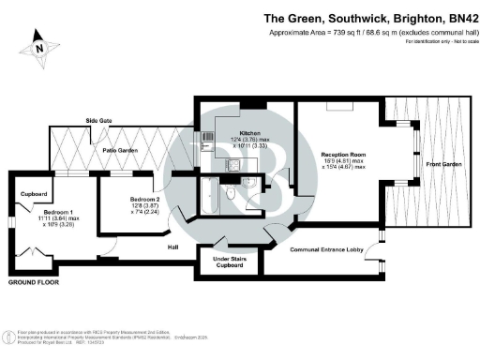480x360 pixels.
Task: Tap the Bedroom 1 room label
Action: (58, 212)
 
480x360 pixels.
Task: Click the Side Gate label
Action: (99, 121)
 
